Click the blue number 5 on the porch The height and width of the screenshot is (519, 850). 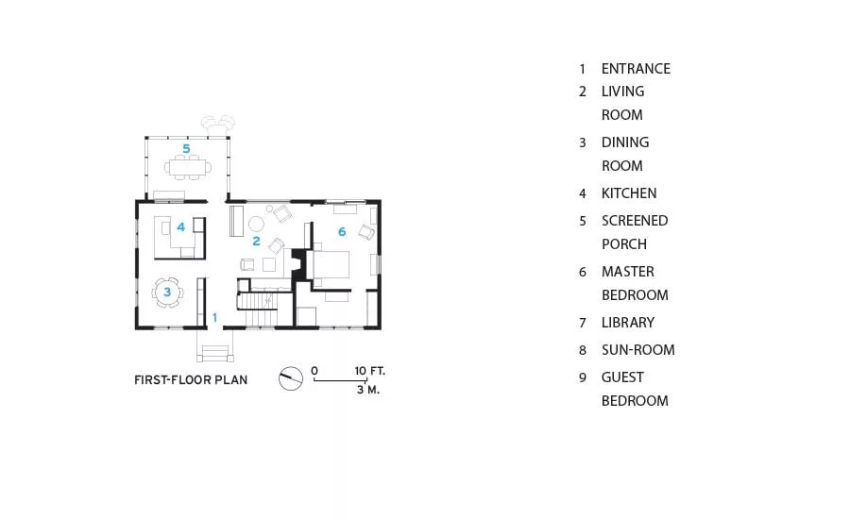[186, 148]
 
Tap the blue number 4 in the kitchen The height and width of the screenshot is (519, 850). [181, 227]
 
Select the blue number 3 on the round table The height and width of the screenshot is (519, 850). [167, 292]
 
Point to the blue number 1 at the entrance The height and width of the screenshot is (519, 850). [214, 317]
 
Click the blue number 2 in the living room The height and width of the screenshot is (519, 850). [256, 241]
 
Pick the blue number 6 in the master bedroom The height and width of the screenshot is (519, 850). [342, 232]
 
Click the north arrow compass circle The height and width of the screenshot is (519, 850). [291, 378]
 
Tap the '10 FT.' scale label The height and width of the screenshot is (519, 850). [369, 371]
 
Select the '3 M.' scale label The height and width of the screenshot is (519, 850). [368, 390]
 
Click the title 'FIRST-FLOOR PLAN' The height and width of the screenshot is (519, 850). [191, 379]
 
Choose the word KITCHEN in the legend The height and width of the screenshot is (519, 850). [629, 193]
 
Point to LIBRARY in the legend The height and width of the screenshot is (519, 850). [628, 323]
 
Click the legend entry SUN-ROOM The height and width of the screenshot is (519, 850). [638, 350]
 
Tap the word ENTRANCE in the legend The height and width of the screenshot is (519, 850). [636, 69]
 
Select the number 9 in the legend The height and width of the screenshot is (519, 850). [583, 377]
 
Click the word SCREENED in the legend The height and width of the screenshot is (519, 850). [635, 221]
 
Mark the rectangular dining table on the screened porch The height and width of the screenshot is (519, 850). [188, 167]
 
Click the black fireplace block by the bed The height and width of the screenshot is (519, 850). [299, 265]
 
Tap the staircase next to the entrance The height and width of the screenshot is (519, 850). [258, 309]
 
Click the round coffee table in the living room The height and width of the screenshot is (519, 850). [256, 224]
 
